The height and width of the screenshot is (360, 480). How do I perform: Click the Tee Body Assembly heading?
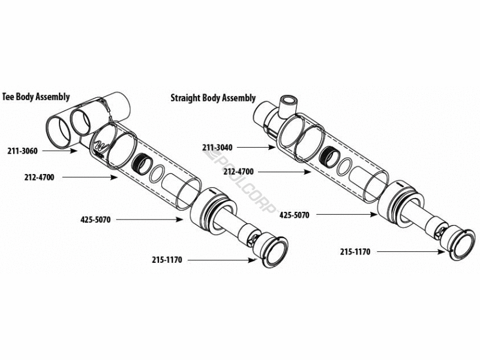36,96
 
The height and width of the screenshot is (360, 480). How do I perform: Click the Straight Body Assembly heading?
213,98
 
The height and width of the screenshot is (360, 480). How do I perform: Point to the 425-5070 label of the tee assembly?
96,220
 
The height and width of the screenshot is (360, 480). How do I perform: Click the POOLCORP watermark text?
240,180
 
